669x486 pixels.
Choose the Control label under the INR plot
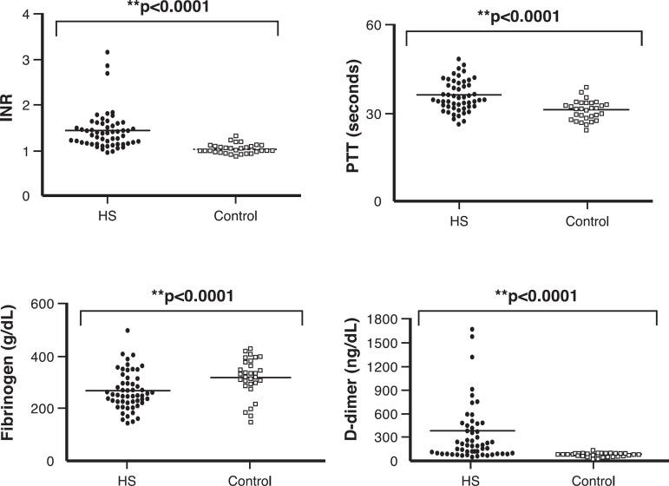(x=234, y=215)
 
